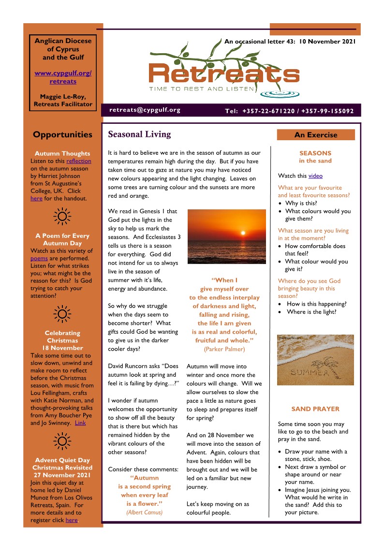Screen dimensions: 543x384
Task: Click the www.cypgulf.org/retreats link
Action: click(x=63, y=77)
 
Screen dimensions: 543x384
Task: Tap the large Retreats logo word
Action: click(x=224, y=74)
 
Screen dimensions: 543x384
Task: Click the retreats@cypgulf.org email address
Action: click(x=145, y=110)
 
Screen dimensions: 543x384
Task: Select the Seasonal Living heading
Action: click(x=139, y=134)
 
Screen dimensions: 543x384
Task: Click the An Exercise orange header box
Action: click(x=315, y=135)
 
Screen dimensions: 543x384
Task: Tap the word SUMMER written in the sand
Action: click(x=309, y=373)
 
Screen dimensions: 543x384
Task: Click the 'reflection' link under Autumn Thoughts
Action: click(x=78, y=161)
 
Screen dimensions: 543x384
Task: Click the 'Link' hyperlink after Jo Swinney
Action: click(x=80, y=423)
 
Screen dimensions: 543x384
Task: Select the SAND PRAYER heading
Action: click(x=315, y=409)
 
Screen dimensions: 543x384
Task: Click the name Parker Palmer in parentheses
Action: click(x=224, y=349)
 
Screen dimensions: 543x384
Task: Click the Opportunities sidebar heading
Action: click(x=62, y=135)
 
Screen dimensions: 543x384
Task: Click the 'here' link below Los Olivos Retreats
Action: click(x=71, y=520)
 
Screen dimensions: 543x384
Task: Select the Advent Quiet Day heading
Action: click(x=62, y=460)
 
